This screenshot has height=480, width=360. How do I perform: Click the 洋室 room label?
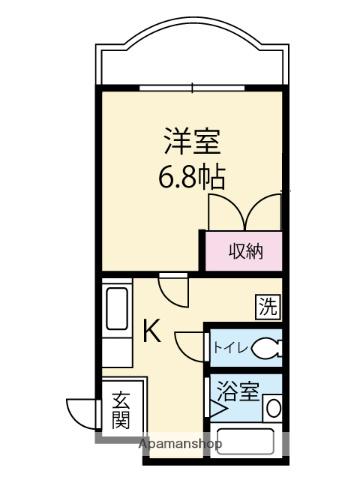pyautogui.click(x=192, y=142)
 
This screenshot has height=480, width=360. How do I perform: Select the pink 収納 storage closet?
pyautogui.click(x=244, y=251)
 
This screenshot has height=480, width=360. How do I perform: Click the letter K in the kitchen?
pyautogui.click(x=152, y=331)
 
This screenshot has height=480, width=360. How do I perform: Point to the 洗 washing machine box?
pyautogui.click(x=268, y=307)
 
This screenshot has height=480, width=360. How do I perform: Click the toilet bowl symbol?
pyautogui.click(x=267, y=348)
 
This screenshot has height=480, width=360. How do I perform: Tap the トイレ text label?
pyautogui.click(x=230, y=348)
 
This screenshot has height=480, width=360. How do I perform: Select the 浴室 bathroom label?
pyautogui.click(x=238, y=391)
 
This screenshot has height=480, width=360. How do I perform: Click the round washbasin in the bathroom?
pyautogui.click(x=273, y=408)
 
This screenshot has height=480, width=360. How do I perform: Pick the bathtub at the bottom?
pyautogui.click(x=246, y=441)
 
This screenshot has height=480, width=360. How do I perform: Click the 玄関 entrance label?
pyautogui.click(x=121, y=410)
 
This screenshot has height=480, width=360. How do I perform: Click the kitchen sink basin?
pyautogui.click(x=117, y=309)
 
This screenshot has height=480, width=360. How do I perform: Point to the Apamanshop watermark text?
pyautogui.click(x=180, y=443)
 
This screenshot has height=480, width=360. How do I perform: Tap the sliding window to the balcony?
pyautogui.click(x=192, y=88)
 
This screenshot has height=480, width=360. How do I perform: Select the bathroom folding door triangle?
pyautogui.click(x=217, y=408)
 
